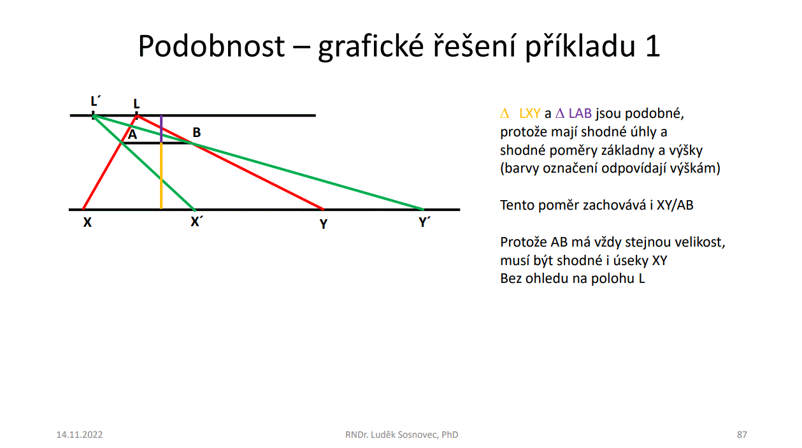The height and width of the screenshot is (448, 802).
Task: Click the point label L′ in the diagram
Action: coord(96,101)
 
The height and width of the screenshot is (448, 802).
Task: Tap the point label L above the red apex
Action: coord(136,104)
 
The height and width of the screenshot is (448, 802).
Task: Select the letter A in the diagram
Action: coord(132,134)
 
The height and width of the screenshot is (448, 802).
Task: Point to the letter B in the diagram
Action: coord(197,133)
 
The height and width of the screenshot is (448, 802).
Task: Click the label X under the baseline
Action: coord(87,222)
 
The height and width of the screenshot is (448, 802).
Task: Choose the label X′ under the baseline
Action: coord(197,222)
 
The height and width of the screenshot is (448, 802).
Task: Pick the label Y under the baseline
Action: coord(324,224)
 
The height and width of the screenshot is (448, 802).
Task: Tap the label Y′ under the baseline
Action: coord(424,222)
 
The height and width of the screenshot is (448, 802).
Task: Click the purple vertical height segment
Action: coord(161,129)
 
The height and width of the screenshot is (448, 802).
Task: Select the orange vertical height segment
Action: coord(161,176)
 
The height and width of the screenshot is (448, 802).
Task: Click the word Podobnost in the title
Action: coord(211,46)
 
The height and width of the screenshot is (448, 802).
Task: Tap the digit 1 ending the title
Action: coord(653,46)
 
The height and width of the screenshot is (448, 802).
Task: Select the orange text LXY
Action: coord(529,113)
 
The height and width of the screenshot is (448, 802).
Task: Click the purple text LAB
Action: coord(580,113)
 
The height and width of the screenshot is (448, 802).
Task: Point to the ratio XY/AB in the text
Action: coord(675,205)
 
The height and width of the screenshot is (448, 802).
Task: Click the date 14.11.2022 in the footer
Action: coord(80,435)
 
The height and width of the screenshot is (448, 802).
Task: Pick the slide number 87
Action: coord(742,435)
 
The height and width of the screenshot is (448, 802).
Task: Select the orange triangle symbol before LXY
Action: coord(505,113)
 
